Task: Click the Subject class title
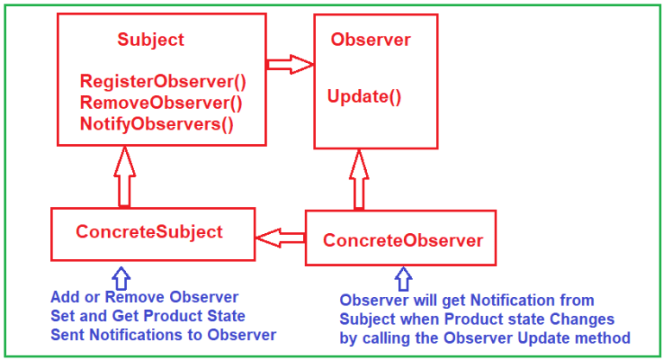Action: tap(150, 41)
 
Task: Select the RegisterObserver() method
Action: tap(163, 83)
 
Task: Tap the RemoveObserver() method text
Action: tap(161, 103)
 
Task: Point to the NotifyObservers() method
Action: tap(157, 123)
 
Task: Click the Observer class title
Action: tap(370, 41)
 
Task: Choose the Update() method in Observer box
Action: tap(364, 97)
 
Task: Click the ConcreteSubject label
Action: tap(149, 232)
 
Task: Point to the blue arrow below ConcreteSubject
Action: tap(121, 276)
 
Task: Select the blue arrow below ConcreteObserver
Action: tap(402, 278)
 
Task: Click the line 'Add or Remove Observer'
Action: tap(144, 298)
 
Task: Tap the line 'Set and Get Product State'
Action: tap(148, 316)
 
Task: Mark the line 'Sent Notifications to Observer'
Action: tap(163, 335)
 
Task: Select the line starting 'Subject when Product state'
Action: tap(477, 319)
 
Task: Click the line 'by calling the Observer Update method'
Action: tap(484, 338)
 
